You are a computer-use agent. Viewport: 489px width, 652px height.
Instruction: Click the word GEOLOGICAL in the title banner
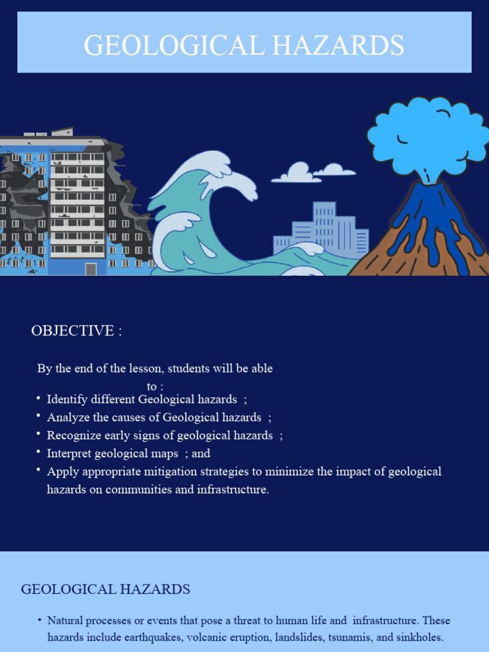(x=168, y=46)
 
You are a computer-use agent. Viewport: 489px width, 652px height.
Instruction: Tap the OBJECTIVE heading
(x=76, y=330)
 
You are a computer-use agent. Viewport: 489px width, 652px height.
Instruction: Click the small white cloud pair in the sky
(x=312, y=172)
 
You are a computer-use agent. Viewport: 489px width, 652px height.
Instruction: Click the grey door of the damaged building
(x=91, y=269)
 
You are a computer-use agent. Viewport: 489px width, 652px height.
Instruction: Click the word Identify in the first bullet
(x=68, y=399)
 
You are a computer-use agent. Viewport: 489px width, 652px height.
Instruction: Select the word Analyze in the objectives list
(x=67, y=418)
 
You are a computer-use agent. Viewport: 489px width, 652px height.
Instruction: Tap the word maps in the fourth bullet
(x=164, y=454)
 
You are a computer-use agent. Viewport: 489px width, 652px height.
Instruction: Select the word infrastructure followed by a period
(x=233, y=490)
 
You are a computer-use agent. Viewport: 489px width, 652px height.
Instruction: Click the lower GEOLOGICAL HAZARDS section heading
(x=106, y=589)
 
